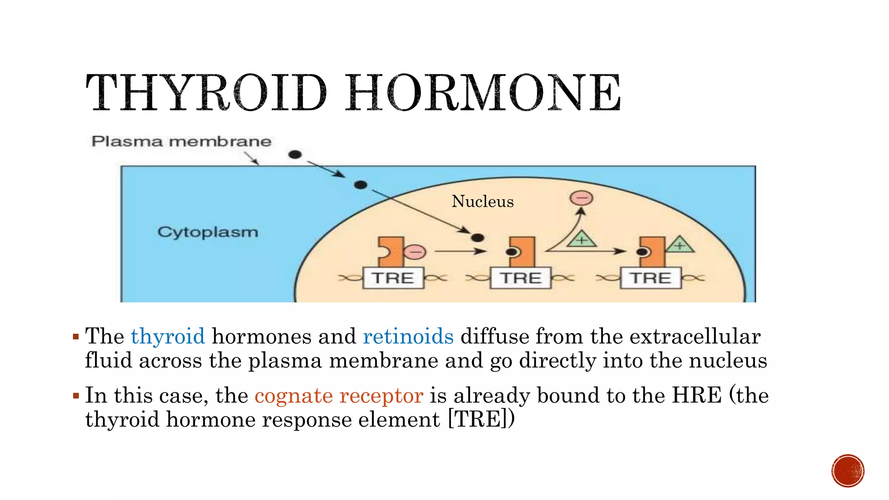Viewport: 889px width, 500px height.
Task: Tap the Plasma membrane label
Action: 181,141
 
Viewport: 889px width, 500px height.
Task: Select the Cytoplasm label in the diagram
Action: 207,232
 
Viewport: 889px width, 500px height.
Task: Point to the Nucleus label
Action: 483,201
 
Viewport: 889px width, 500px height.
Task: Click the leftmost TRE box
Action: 393,278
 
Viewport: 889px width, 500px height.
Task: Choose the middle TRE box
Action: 520,278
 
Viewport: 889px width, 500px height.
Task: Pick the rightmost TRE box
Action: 651,278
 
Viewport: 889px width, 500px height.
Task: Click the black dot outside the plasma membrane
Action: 295,155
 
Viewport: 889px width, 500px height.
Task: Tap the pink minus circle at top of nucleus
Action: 581,198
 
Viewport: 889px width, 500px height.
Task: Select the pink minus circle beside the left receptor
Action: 415,252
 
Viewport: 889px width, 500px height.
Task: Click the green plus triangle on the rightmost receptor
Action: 680,245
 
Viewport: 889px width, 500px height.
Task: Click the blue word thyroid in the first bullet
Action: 168,336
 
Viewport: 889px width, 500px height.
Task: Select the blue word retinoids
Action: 408,336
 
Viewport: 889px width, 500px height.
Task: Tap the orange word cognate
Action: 293,395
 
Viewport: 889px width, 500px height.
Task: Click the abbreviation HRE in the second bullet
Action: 697,395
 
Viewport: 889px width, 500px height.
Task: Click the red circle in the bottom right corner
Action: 848,471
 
